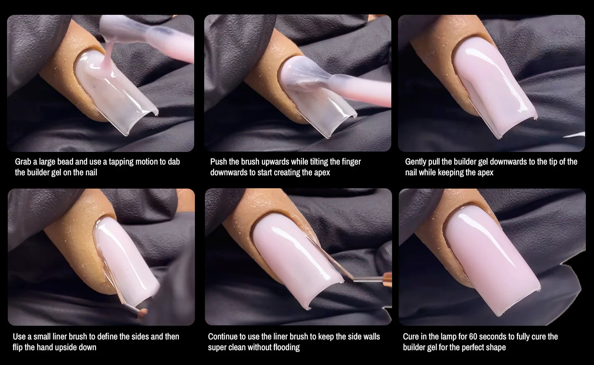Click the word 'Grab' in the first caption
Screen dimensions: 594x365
point(23,162)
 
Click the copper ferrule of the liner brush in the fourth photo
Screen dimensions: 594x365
point(142,313)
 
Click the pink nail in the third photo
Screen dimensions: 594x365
point(493,85)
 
